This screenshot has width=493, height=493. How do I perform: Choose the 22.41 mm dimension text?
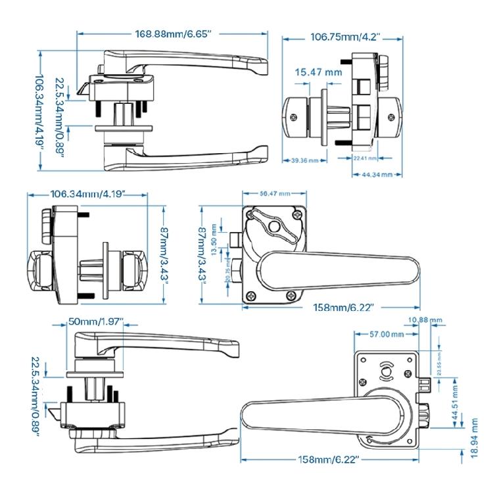[365, 158]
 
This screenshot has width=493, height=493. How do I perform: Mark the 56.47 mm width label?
[275, 194]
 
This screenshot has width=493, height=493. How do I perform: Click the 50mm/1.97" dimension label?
[95, 321]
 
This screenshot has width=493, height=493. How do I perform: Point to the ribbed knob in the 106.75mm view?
[383, 67]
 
